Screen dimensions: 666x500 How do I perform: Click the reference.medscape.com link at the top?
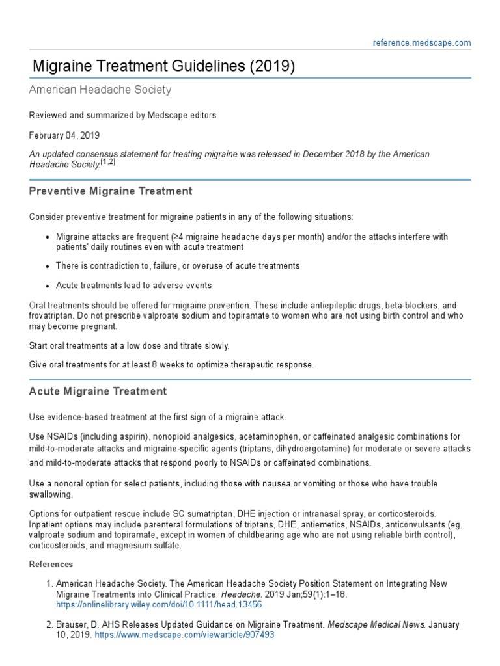[x=422, y=43]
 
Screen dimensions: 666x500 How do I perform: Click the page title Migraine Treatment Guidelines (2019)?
[x=164, y=66]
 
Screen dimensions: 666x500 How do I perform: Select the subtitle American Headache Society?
[x=100, y=90]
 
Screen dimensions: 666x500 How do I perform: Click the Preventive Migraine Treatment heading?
[x=111, y=191]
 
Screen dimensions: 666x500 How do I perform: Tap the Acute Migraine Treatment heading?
[x=98, y=392]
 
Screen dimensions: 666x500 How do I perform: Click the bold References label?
[x=51, y=564]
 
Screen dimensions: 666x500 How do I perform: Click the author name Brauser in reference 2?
[x=72, y=625]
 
